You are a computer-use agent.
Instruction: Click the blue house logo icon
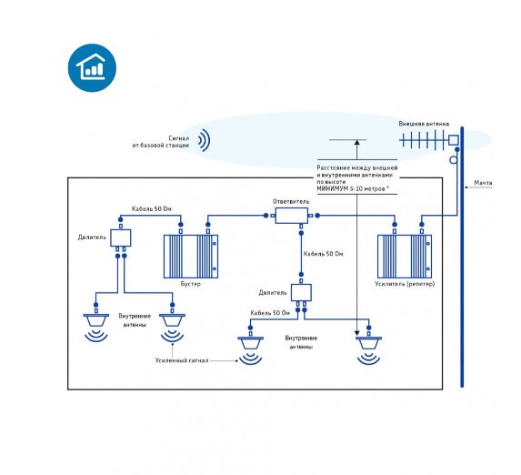[x=92, y=68]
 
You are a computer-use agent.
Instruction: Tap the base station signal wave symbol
[x=205, y=140]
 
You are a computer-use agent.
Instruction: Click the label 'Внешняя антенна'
[x=424, y=124]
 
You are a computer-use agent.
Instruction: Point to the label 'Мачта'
[x=483, y=183]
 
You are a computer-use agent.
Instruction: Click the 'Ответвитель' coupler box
[x=291, y=216]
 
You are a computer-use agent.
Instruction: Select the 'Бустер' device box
[x=191, y=256]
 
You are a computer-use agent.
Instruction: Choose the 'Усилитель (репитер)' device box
[x=405, y=256]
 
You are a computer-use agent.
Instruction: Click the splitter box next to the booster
[x=121, y=237]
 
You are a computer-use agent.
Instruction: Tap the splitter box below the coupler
[x=301, y=292]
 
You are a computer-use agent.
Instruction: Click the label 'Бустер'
[x=191, y=284]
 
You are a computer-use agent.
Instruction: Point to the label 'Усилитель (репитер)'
[x=405, y=284]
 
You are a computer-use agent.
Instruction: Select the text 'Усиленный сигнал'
[x=182, y=360]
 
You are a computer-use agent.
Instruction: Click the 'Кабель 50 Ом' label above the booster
[x=152, y=209]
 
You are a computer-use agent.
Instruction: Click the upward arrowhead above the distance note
[x=356, y=142]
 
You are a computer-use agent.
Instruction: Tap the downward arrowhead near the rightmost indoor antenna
[x=356, y=333]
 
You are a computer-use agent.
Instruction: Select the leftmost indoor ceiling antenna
[x=96, y=328]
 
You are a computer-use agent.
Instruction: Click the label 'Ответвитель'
[x=291, y=202]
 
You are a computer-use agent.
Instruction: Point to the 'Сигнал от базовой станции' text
[x=161, y=142]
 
